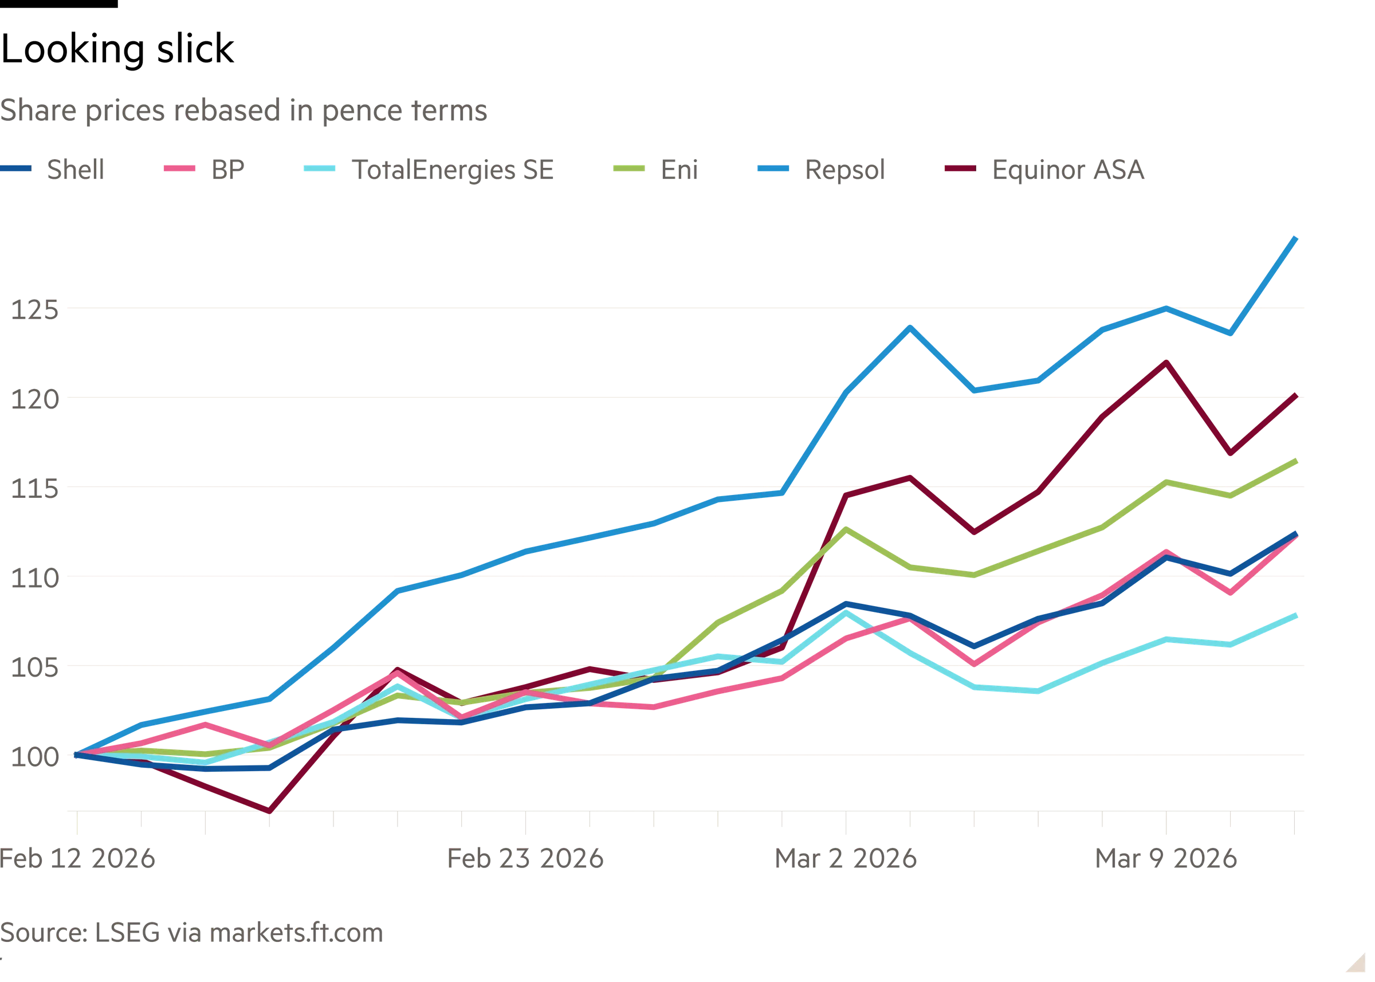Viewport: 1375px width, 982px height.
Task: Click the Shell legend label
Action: (74, 170)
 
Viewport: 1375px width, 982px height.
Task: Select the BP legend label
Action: (229, 170)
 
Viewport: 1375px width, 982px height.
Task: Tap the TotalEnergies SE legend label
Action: (452, 170)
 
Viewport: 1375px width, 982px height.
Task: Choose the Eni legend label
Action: (678, 170)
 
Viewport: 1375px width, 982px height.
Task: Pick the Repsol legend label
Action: (844, 170)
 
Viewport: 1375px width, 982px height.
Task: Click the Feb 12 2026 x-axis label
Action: (77, 859)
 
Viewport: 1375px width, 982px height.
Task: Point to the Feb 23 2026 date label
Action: (525, 859)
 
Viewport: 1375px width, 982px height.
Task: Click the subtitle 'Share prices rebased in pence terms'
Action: (244, 112)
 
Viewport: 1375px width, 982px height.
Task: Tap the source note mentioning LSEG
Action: (192, 934)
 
